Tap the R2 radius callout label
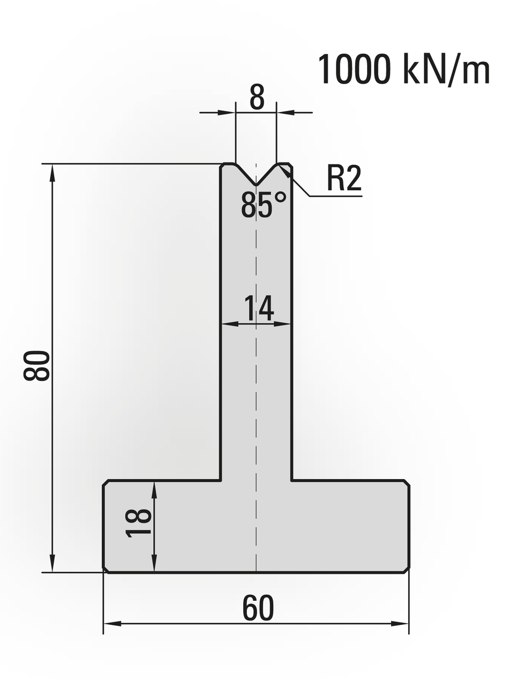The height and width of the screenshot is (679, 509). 344,178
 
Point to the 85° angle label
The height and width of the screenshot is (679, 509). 264,204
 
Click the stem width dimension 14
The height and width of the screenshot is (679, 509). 259,308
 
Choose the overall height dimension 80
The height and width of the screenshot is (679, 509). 37,366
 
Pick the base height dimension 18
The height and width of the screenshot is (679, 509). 139,523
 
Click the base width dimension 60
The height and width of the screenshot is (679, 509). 258,608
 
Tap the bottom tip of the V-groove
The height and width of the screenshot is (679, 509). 256,185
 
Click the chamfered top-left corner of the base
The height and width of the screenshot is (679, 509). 106,483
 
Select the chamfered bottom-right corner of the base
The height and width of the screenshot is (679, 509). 407,570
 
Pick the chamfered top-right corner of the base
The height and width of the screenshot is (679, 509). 407,483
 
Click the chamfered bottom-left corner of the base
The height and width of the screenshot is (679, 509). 106,570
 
